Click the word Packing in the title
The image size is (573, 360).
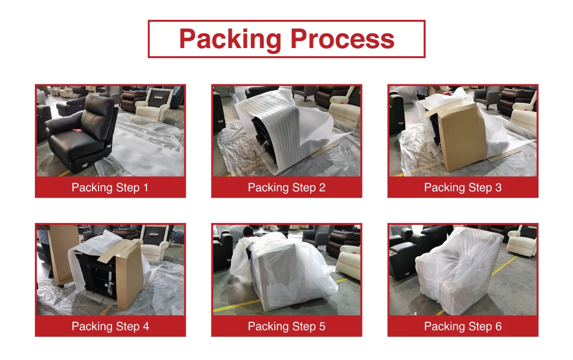point(230,39)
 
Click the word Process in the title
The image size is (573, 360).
point(343,39)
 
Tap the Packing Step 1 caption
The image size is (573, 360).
point(110,187)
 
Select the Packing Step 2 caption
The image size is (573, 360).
point(286,187)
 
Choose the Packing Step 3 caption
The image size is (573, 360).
point(463,187)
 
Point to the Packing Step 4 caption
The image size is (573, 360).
point(110,326)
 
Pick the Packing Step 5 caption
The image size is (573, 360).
point(286,326)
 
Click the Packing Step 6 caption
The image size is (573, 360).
point(463,326)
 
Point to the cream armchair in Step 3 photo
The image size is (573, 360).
point(525,113)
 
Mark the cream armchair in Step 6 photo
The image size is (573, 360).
point(523,243)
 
